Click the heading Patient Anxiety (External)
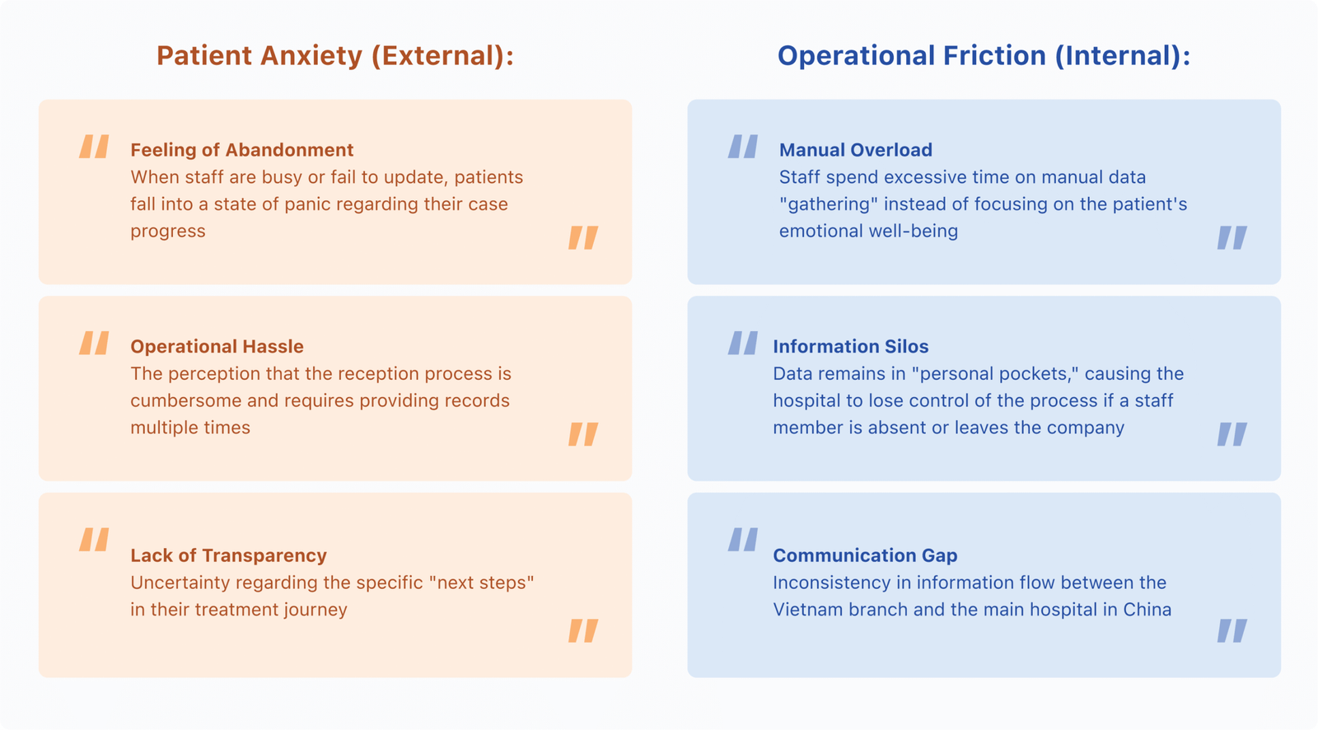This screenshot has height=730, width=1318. (x=335, y=56)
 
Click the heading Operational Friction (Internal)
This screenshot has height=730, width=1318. (x=984, y=56)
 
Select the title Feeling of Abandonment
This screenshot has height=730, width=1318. (x=242, y=150)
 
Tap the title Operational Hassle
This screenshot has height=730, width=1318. (x=217, y=346)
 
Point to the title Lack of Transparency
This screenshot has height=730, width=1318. (x=228, y=555)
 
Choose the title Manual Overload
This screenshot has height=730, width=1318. (x=856, y=150)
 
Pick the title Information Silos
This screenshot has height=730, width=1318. (x=851, y=346)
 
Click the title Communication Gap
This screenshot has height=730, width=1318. (x=865, y=555)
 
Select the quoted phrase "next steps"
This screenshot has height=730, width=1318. (x=481, y=583)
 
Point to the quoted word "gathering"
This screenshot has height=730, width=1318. (x=829, y=204)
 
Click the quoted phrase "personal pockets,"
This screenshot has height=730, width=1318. (x=995, y=374)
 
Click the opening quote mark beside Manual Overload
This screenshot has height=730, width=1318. (x=742, y=146)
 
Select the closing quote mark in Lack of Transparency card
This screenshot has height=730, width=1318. (x=583, y=630)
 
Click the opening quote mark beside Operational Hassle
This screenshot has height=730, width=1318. (x=94, y=343)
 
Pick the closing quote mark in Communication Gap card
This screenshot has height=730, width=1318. (x=1232, y=630)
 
